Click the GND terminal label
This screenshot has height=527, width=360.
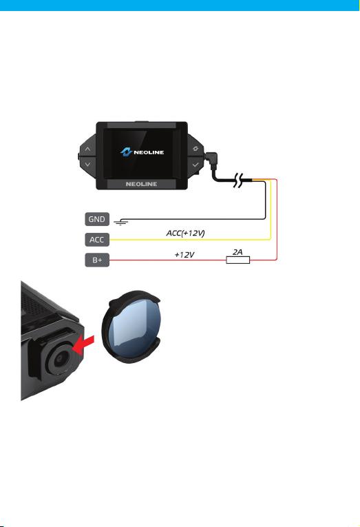(x=97, y=219)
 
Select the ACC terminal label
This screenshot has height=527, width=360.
(x=97, y=240)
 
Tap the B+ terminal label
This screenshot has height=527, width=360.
(x=97, y=260)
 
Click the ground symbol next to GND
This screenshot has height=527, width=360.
(x=120, y=222)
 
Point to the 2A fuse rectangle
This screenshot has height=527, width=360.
(x=237, y=260)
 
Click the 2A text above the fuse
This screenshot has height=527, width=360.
(x=237, y=251)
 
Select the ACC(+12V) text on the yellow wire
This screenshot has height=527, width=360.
(x=185, y=233)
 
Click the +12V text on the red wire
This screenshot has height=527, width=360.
(x=184, y=255)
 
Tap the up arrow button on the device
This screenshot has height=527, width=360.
(x=87, y=149)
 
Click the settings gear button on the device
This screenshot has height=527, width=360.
(x=195, y=149)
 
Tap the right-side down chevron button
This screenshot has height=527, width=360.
(x=195, y=165)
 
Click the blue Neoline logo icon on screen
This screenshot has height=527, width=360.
(x=126, y=152)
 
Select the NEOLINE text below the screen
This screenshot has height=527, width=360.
(x=141, y=184)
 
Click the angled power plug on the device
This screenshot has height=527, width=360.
(x=211, y=159)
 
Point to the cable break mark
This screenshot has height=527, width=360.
(x=238, y=180)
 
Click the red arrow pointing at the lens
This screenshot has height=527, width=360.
(x=83, y=345)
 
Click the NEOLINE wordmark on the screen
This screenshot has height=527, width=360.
(x=149, y=152)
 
